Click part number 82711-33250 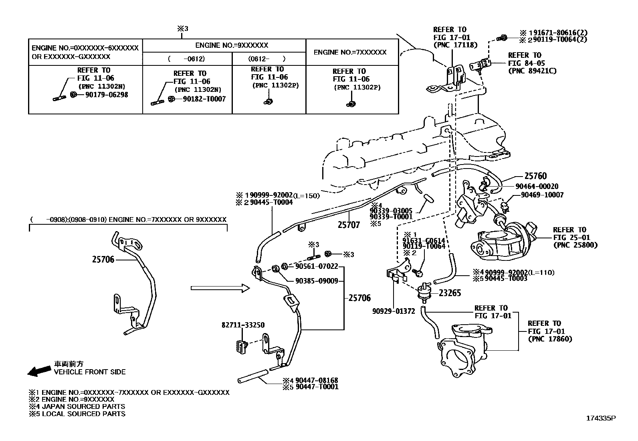pyautogui.click(x=243, y=325)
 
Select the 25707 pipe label pyautogui.click(x=349, y=225)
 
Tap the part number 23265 pyautogui.click(x=450, y=293)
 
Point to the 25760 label pyautogui.click(x=535, y=176)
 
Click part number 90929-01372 pyautogui.click(x=394, y=311)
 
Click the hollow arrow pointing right pyautogui.click(x=220, y=288)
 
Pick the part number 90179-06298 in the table pyautogui.click(x=107, y=95)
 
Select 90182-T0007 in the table pyautogui.click(x=204, y=99)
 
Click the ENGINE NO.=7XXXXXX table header pyautogui.click(x=350, y=52)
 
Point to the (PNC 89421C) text pyautogui.click(x=532, y=71)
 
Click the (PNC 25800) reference pyautogui.click(x=575, y=245)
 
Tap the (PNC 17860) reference pyautogui.click(x=550, y=339)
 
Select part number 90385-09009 pyautogui.click(x=317, y=281)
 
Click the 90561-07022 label pyautogui.click(x=317, y=266)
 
